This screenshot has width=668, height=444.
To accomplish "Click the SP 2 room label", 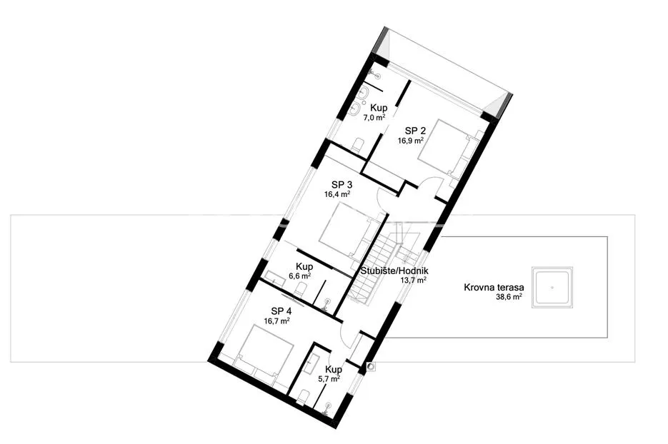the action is [415, 131].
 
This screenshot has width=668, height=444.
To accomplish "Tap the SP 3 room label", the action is [342, 185].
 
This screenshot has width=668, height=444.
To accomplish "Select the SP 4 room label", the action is [281, 311].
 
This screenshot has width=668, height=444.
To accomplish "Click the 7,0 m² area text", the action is [374, 118].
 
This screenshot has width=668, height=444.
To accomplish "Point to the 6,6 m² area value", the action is [300, 276].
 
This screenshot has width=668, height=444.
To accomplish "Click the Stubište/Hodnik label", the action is [394, 271].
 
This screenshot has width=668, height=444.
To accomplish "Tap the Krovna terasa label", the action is [494, 288].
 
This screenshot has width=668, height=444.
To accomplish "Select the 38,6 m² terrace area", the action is [509, 297].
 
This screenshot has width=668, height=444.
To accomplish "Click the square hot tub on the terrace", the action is [552, 288].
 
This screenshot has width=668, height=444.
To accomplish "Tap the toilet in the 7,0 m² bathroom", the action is [357, 144].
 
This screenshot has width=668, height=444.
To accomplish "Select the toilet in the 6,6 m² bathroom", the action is [300, 291].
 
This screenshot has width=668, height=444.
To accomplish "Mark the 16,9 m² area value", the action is [411, 140].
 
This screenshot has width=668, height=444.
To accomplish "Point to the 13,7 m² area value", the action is [414, 280].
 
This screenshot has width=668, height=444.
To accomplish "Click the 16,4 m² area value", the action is [337, 194].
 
